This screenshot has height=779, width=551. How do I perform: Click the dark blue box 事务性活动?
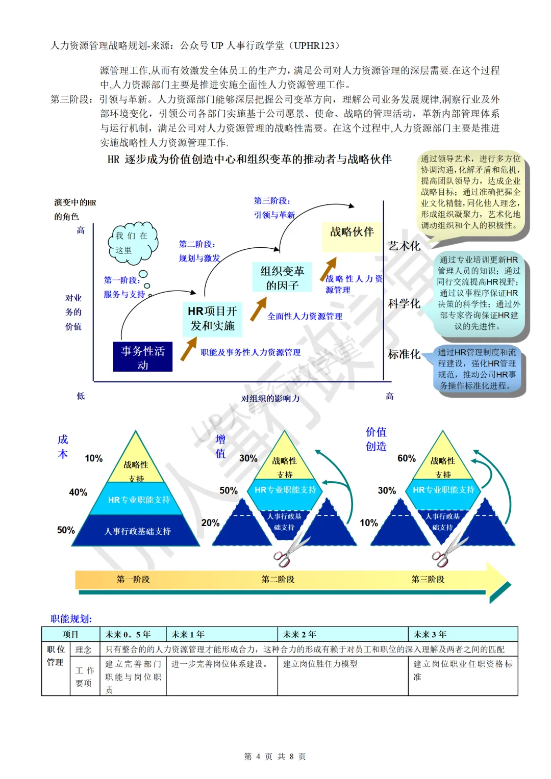coord(143,357)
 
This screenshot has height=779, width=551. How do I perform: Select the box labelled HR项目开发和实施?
coord(212,319)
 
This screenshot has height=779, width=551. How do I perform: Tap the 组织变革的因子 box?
coord(282,278)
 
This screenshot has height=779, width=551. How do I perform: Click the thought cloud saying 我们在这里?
coord(132,243)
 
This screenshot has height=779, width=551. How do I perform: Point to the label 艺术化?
coord(404,246)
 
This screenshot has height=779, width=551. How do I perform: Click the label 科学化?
coord(404,304)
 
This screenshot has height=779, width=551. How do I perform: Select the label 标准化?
coord(404,354)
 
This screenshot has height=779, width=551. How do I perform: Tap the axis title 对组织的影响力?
coord(270,398)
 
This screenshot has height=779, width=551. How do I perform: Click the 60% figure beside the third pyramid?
coord(407,458)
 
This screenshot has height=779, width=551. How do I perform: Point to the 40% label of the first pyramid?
coord(78,492)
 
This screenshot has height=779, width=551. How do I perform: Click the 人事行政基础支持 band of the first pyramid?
coord(137,531)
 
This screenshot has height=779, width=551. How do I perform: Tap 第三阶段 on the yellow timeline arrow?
coord(428,579)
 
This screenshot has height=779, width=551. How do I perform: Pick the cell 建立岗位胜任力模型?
coord(320,664)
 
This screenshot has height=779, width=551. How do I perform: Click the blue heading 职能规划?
coord(71,619)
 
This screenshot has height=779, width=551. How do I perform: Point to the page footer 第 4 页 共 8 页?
coord(275,757)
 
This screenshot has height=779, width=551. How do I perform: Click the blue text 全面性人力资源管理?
coord(305,316)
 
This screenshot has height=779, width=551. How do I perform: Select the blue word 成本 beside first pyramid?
coord(63,447)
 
